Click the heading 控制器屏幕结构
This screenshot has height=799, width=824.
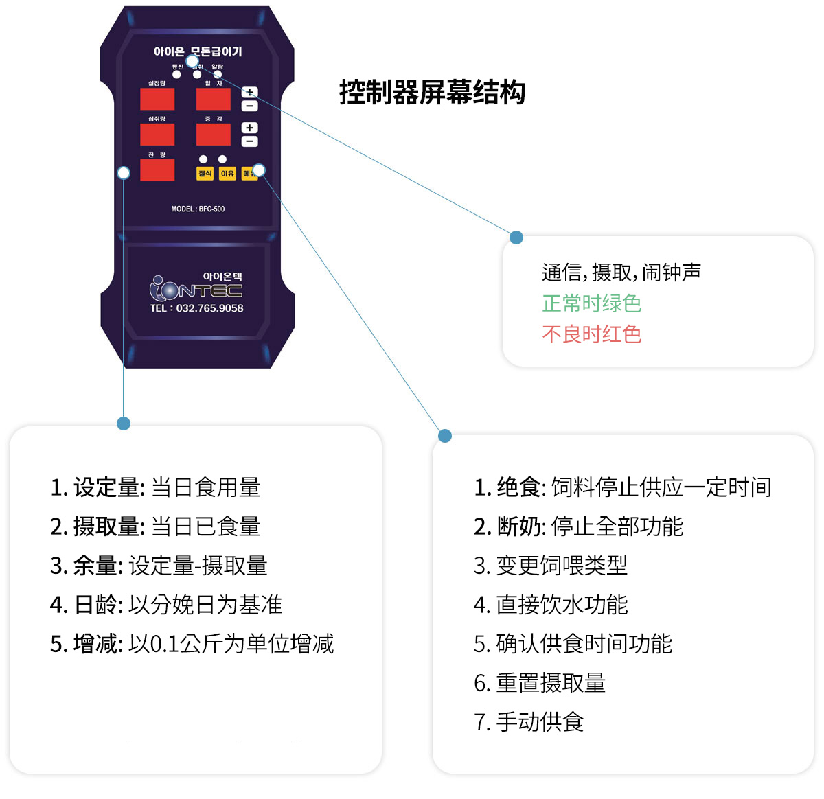[x=432, y=93]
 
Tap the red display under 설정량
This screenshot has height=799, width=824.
[x=157, y=99]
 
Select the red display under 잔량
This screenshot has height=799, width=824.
[x=157, y=170]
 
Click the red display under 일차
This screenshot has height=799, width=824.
[x=214, y=99]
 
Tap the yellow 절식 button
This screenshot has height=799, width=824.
[x=205, y=174]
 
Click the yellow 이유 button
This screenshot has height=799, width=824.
[x=227, y=174]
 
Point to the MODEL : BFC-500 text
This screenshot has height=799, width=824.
[x=198, y=209]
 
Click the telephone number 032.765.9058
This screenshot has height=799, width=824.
[x=209, y=308]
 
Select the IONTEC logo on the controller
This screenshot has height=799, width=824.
[x=196, y=289]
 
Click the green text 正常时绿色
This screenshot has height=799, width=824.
[x=591, y=303]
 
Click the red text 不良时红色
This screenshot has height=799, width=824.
[x=591, y=334]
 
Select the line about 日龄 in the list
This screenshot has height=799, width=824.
[x=166, y=605]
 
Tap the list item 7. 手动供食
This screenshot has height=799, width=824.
[x=529, y=722]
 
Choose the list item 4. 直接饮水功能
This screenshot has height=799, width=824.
[x=551, y=605]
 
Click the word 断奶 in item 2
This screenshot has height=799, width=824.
[x=518, y=526]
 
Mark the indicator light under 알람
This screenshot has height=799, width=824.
[x=218, y=74]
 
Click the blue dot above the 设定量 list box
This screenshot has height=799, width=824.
[x=124, y=424]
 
